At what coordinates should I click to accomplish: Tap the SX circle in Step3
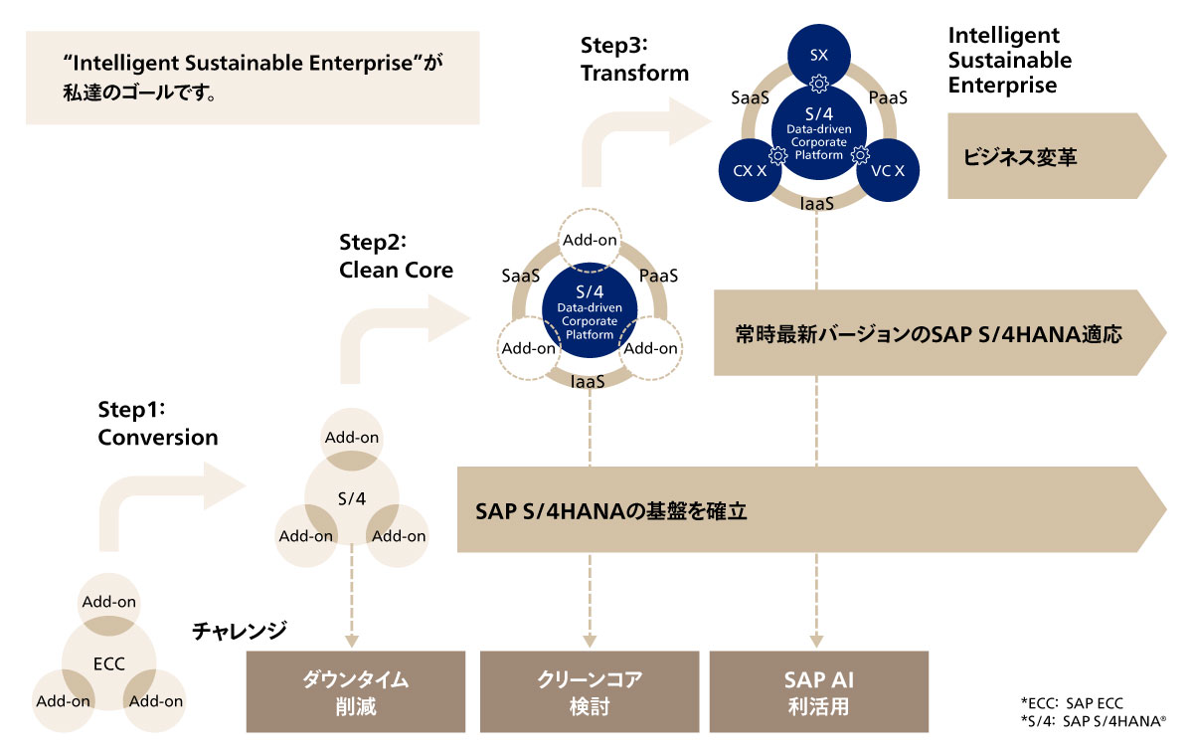[818, 55]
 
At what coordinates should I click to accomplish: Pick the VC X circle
[887, 171]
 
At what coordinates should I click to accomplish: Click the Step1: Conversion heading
[157, 424]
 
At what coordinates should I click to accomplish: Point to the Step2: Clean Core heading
[396, 256]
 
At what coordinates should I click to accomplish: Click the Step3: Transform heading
[635, 59]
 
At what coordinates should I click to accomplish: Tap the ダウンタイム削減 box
[356, 692]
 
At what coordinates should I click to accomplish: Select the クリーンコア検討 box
[590, 692]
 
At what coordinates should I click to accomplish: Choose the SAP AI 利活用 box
[818, 692]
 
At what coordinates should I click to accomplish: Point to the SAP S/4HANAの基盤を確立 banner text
[611, 512]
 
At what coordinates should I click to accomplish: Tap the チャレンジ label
[240, 630]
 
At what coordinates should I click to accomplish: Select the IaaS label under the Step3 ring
[817, 204]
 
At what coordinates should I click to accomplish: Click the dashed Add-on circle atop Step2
[591, 240]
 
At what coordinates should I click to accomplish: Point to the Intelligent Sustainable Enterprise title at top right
[1009, 60]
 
